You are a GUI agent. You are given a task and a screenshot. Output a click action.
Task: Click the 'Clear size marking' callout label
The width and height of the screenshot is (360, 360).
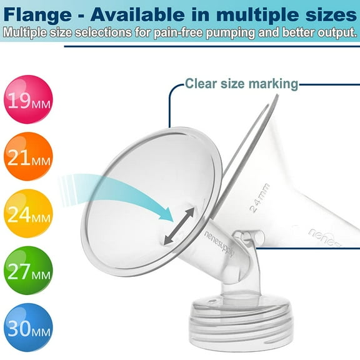click(x=241, y=83)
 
